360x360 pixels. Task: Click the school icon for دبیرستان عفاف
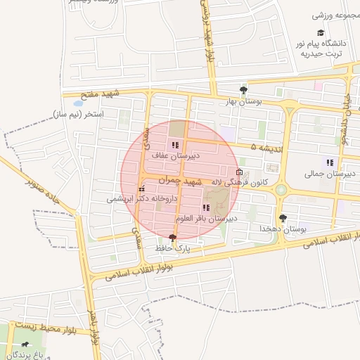pyautogui.click(x=175, y=145)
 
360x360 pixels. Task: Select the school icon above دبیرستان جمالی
pyautogui.click(x=330, y=163)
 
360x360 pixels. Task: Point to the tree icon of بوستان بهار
pyautogui.click(x=243, y=90)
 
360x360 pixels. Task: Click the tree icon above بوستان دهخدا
pyautogui.click(x=283, y=219)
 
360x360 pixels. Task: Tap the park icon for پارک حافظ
pyautogui.click(x=173, y=238)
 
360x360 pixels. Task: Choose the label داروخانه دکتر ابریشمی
pyautogui.click(x=135, y=199)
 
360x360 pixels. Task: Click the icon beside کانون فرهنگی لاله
pyautogui.click(x=240, y=172)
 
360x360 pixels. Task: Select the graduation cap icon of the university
pyautogui.click(x=321, y=33)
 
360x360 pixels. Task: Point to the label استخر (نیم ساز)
pyautogui.click(x=79, y=113)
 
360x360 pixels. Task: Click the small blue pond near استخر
pyautogui.click(x=77, y=103)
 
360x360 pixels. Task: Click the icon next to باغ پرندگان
pyautogui.click(x=26, y=345)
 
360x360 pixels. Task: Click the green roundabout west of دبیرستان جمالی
pyautogui.click(x=281, y=189)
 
